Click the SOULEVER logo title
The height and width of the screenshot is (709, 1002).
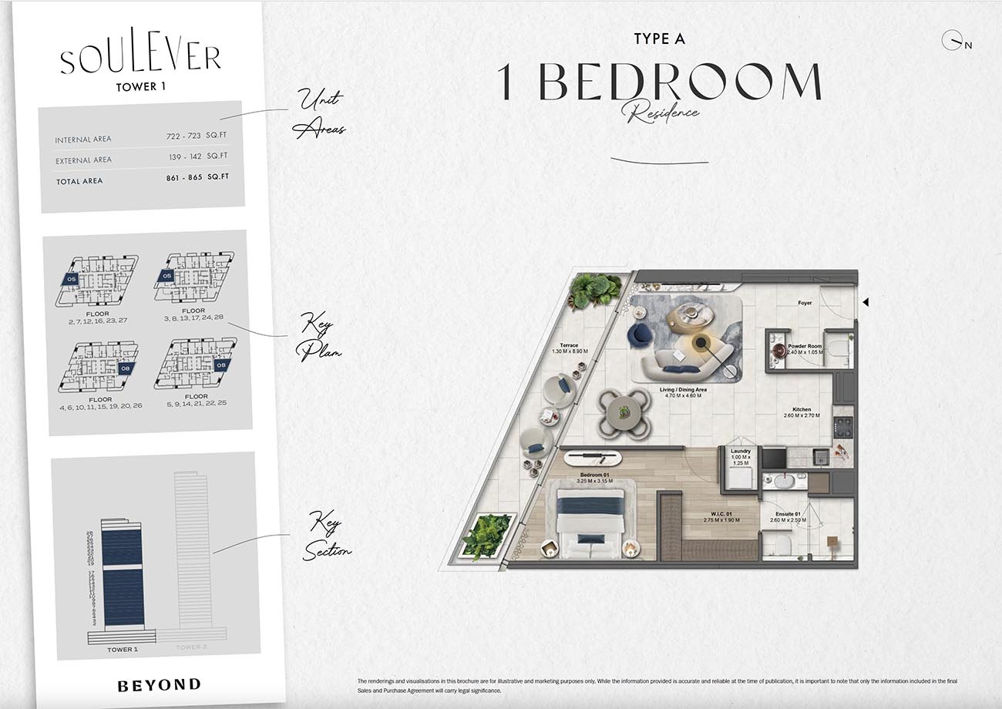(140, 59)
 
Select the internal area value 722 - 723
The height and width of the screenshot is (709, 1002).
(183, 136)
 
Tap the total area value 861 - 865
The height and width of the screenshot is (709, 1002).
(183, 177)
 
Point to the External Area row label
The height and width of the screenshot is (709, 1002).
(83, 160)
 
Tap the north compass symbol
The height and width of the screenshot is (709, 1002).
(954, 40)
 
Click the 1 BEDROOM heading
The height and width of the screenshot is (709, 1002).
(659, 82)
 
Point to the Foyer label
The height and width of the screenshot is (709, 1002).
(805, 303)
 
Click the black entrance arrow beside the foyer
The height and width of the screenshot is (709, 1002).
(866, 303)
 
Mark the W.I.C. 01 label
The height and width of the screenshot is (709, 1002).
(721, 516)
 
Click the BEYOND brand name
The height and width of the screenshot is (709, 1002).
(160, 684)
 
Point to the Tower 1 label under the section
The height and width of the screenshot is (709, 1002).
(123, 650)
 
